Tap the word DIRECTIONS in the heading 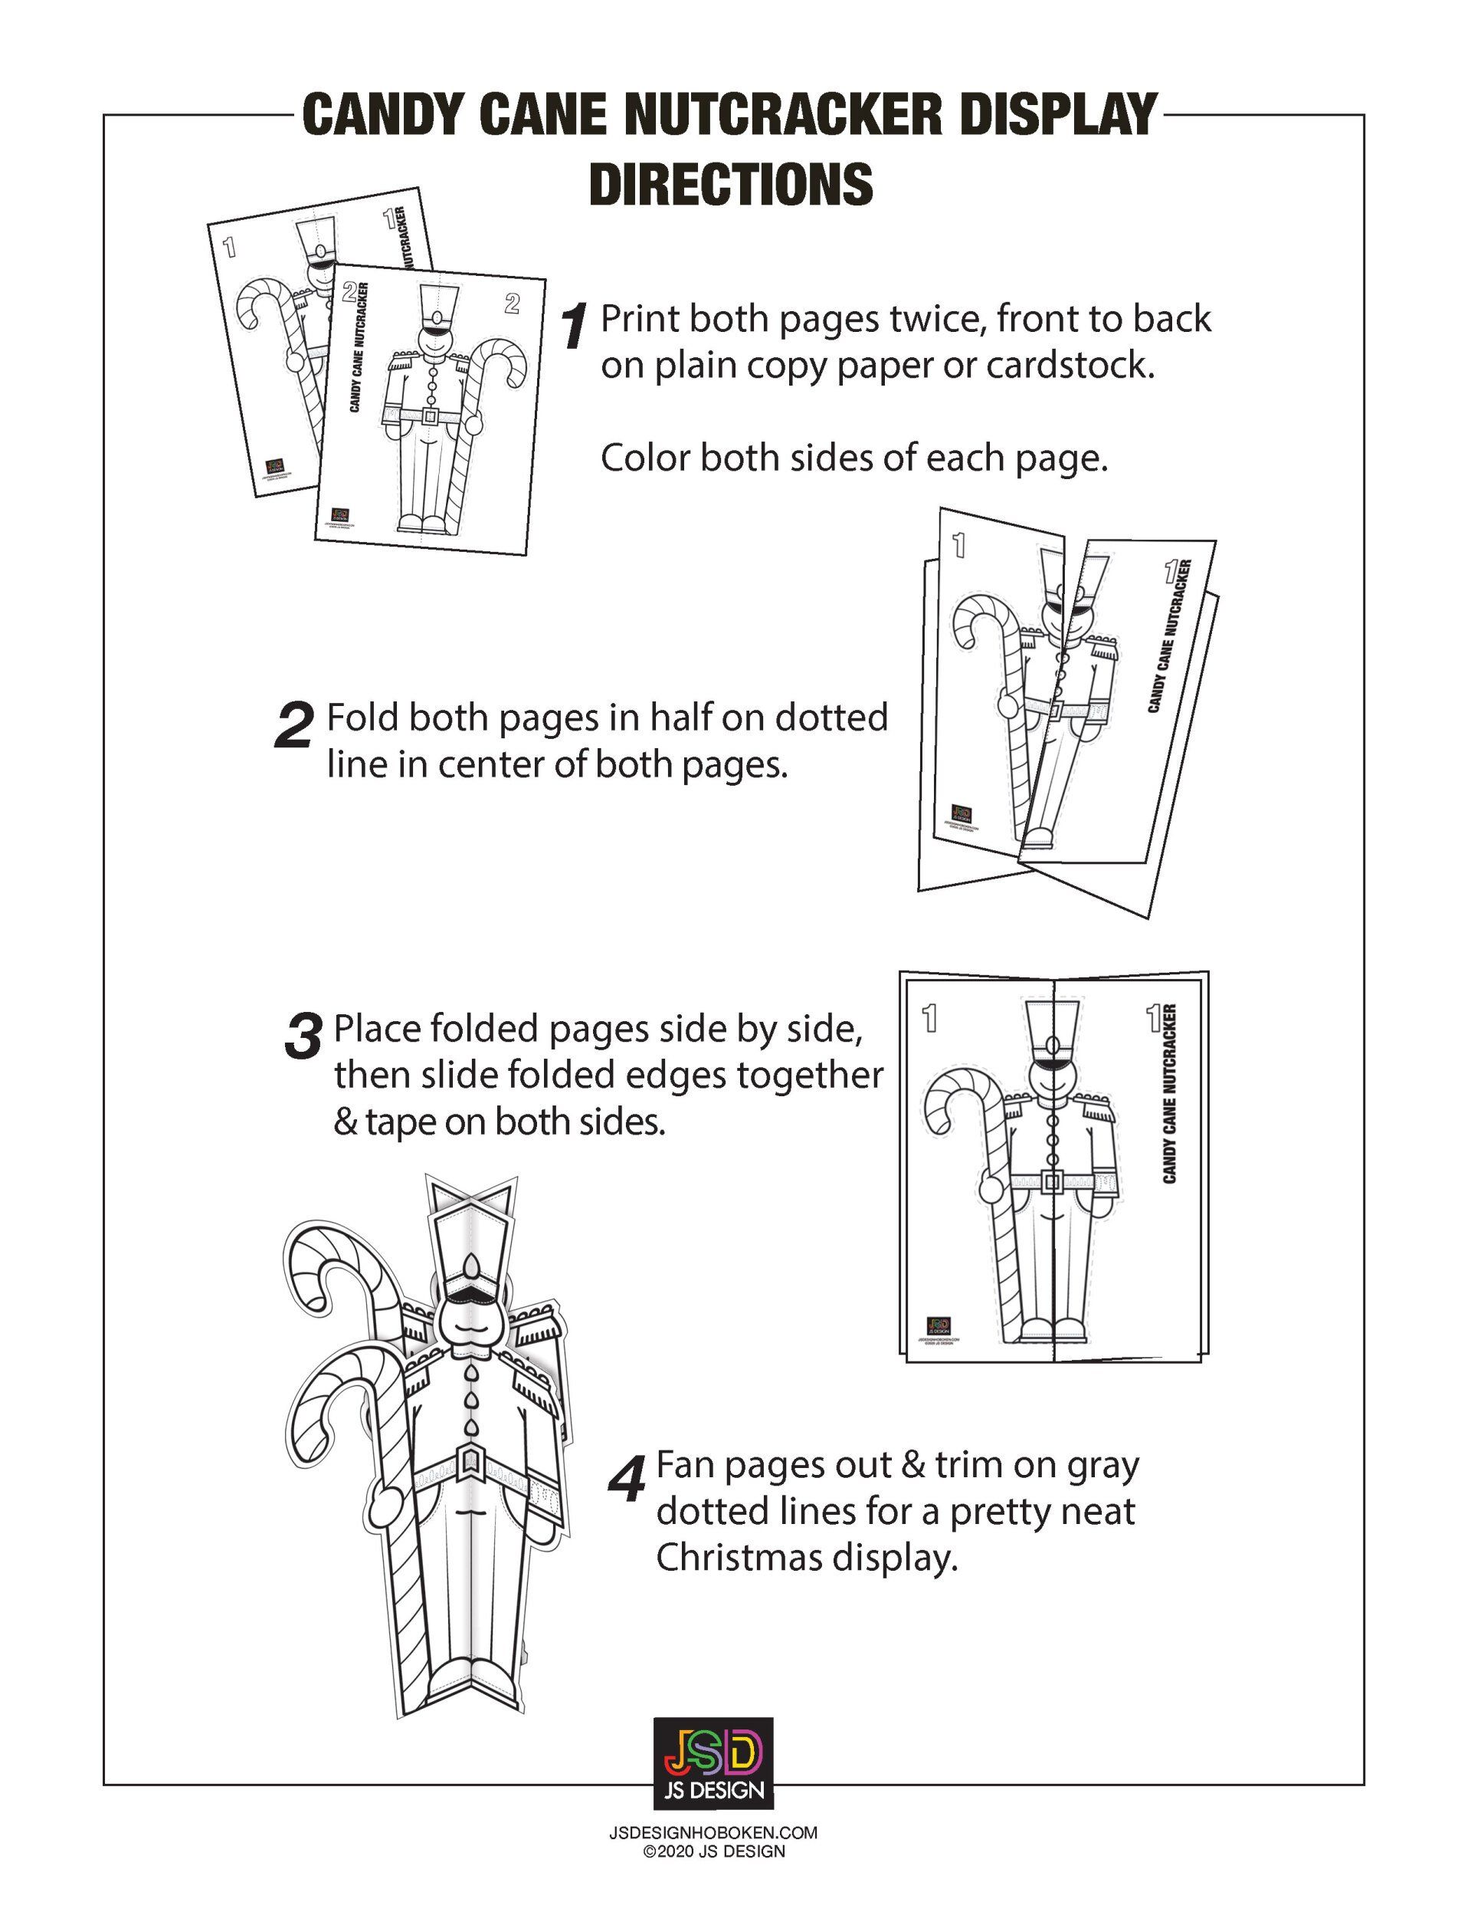click(731, 183)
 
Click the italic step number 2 click(293, 727)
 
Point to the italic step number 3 click(303, 1038)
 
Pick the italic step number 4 click(627, 1480)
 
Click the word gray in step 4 click(1103, 1467)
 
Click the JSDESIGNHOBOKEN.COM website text click(713, 1833)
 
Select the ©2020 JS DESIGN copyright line click(713, 1851)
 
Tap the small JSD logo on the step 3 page click(939, 1325)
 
